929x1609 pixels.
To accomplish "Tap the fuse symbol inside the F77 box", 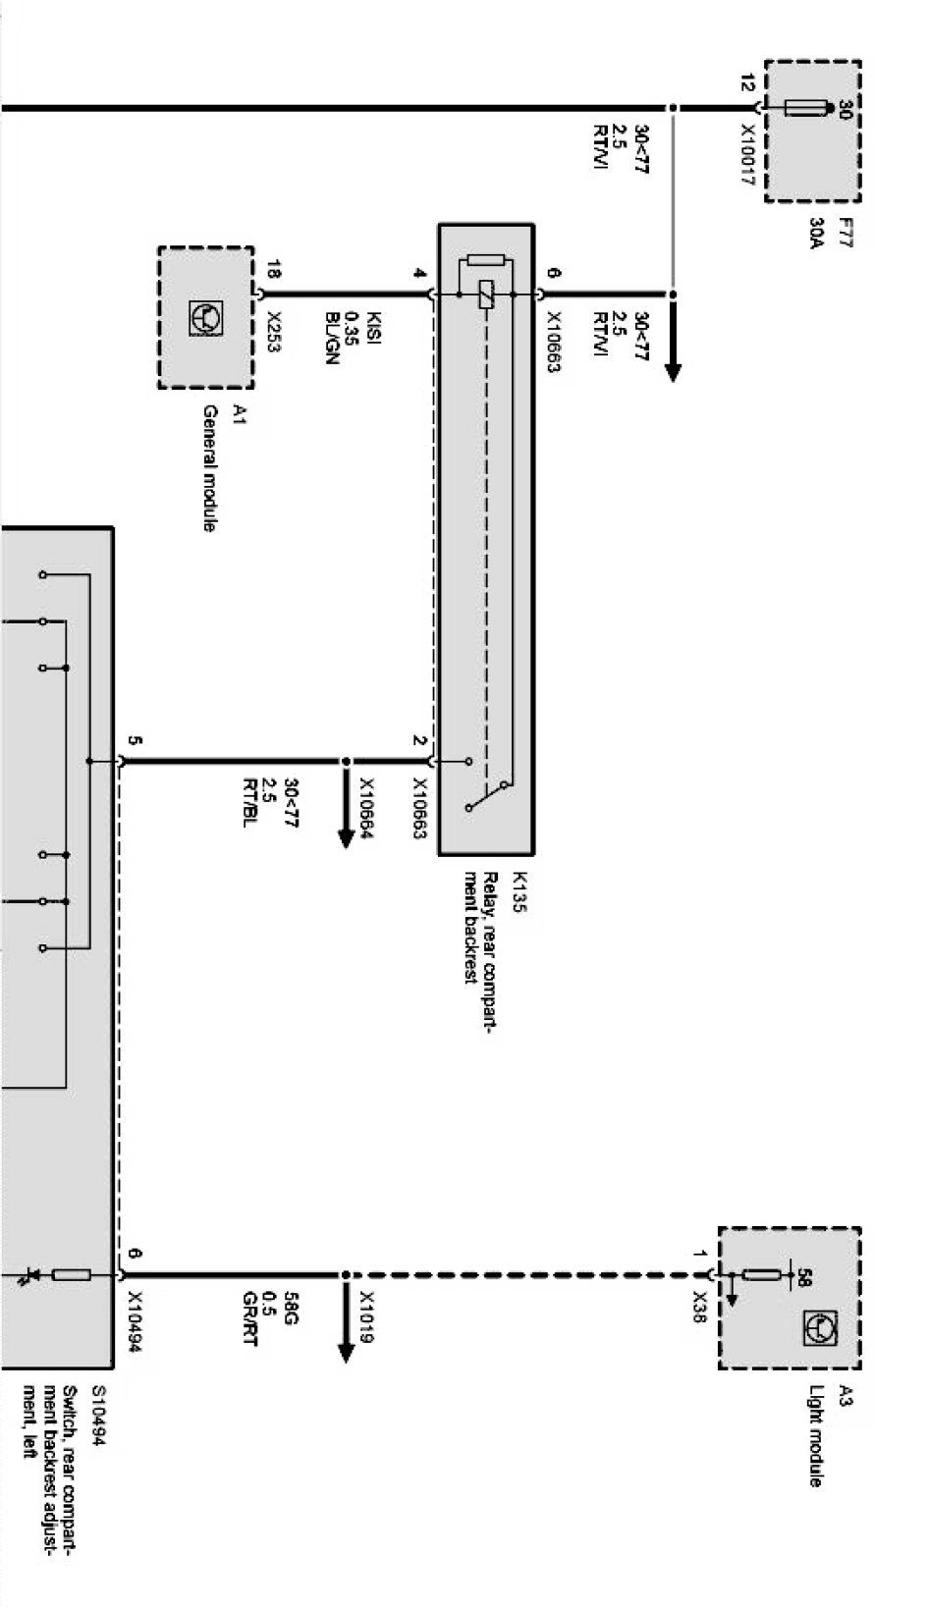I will click(x=810, y=108).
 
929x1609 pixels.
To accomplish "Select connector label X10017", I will click(x=747, y=155).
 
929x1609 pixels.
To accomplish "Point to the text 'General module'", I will click(x=209, y=468).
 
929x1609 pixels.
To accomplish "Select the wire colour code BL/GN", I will click(x=332, y=340).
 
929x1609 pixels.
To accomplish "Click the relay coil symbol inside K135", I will click(x=486, y=295).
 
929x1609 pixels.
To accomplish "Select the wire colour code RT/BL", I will click(x=251, y=802).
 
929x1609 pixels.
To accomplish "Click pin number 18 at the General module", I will click(x=274, y=268).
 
